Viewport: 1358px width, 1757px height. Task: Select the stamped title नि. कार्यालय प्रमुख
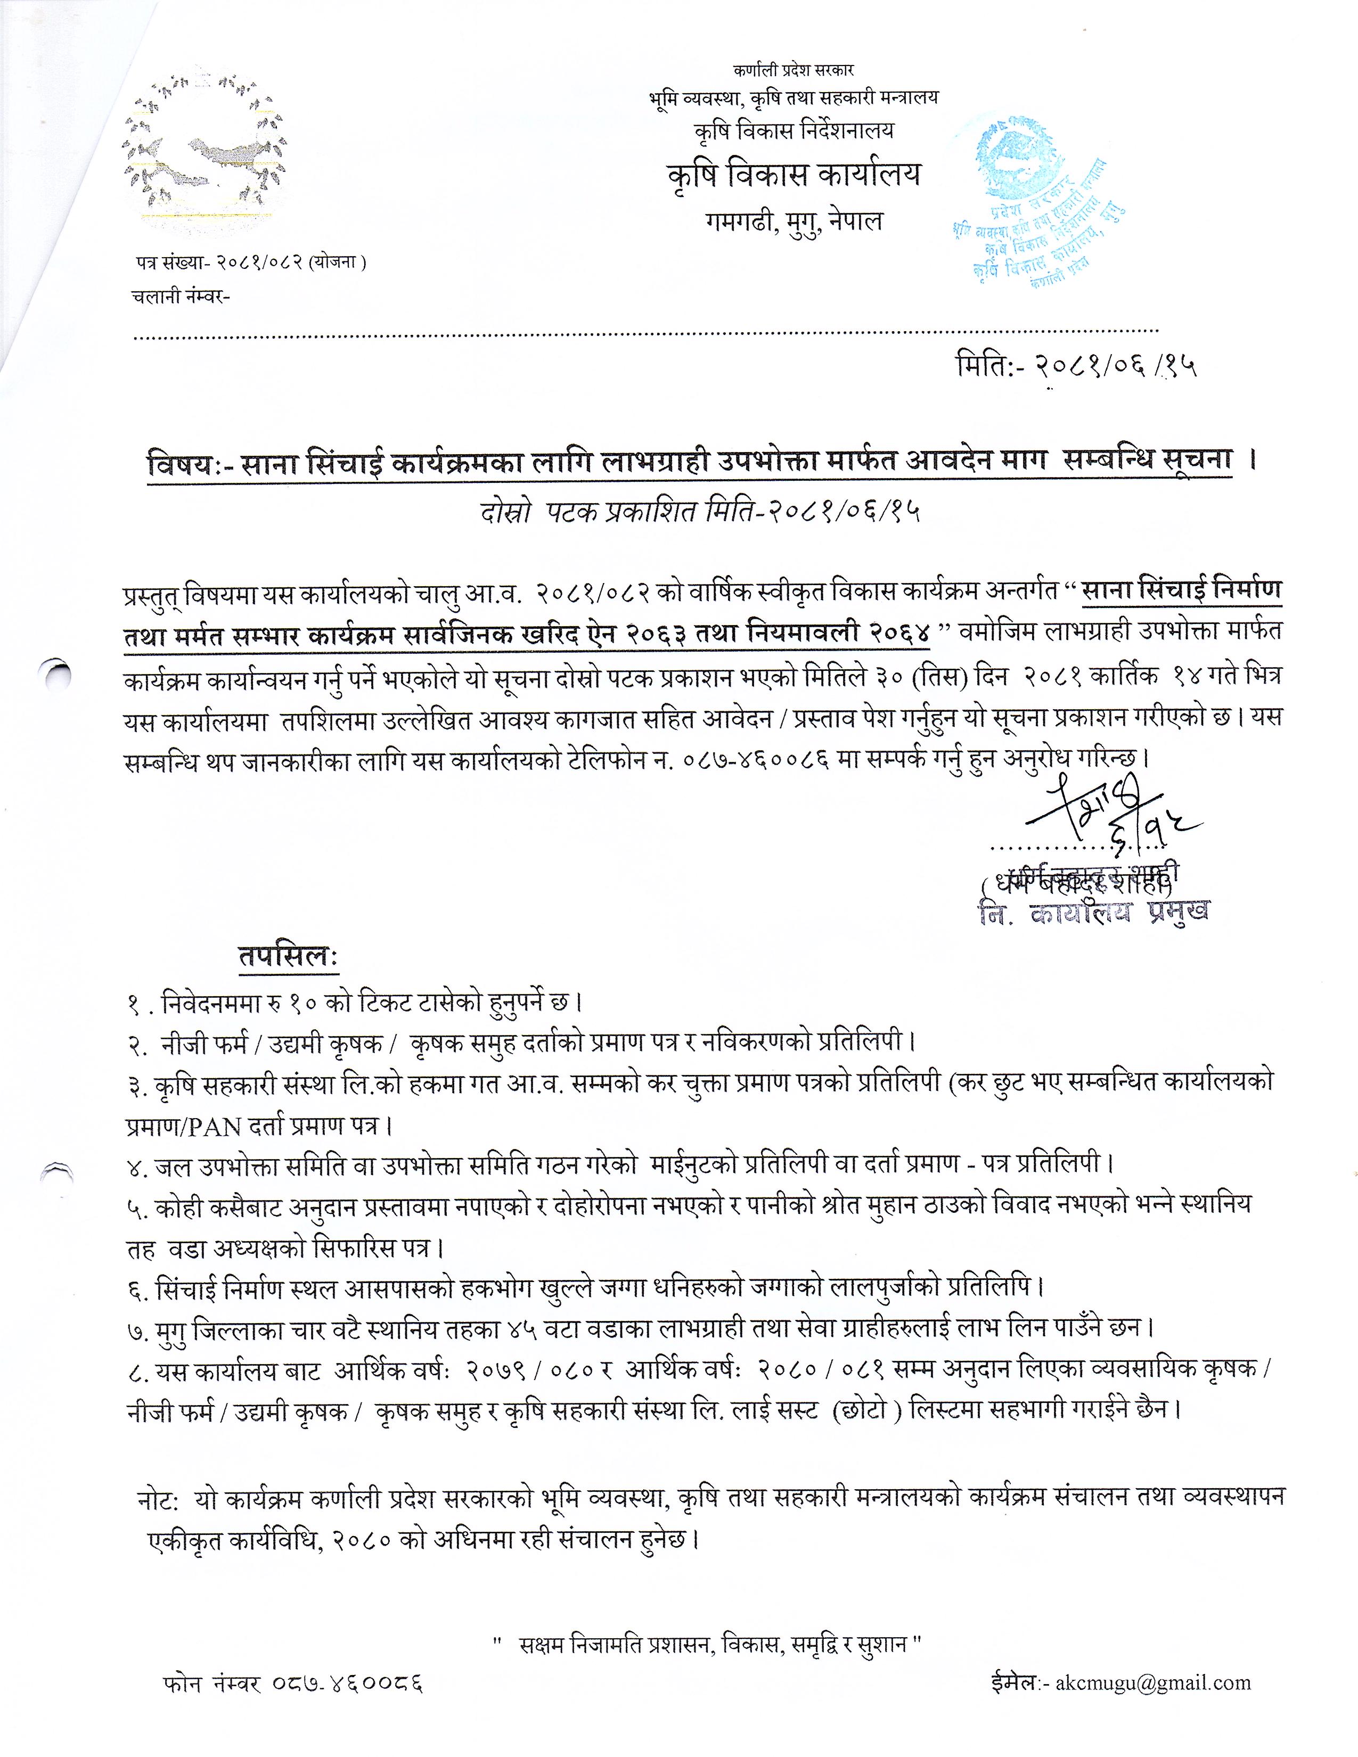pyautogui.click(x=1094, y=912)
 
